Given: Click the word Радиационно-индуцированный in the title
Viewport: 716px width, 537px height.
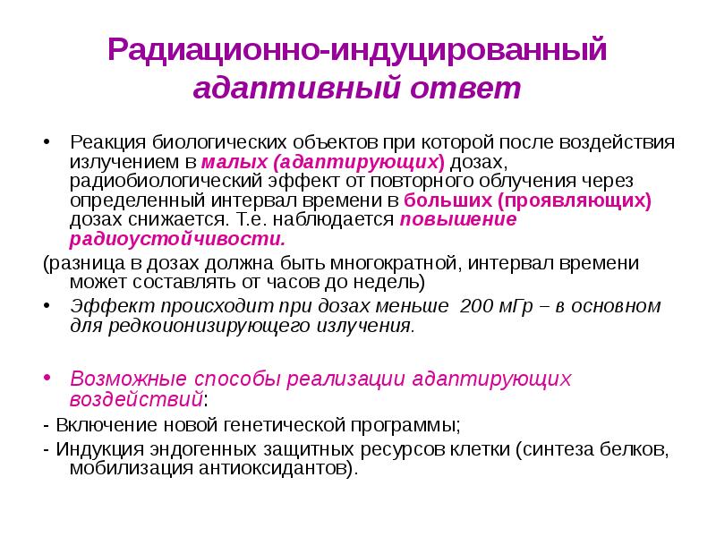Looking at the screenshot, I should pos(358,49).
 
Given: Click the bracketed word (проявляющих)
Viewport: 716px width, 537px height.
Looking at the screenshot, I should pos(574,200).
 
